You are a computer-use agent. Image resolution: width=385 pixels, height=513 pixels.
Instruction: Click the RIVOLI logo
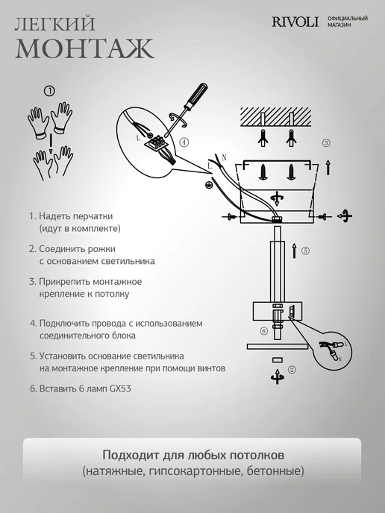pos(295,22)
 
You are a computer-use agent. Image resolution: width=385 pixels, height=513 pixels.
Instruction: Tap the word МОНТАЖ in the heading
pos(84,48)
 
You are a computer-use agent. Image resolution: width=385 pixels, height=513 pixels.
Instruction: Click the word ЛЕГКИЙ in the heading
pos(55,24)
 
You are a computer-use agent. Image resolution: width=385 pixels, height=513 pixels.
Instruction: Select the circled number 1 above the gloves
pos(49,91)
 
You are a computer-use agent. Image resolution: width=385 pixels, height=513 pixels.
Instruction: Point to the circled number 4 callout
pos(184,142)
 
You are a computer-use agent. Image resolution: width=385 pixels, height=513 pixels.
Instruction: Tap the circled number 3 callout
pos(326,142)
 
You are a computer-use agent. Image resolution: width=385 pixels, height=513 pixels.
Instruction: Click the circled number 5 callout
pos(305,251)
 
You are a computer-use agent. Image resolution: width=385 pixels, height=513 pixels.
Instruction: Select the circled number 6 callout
pos(264,331)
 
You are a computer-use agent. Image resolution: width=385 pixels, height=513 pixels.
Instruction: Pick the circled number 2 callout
pos(292,370)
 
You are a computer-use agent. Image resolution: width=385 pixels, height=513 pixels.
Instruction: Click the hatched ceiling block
pos(276,117)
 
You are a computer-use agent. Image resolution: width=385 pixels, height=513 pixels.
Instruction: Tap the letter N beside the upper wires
pos(224,158)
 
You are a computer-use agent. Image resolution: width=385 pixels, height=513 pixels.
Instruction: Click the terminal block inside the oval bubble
pos(157,142)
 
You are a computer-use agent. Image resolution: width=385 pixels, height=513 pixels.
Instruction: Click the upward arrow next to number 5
pos(294,251)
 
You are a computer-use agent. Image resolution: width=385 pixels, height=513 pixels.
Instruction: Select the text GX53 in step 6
pos(120,388)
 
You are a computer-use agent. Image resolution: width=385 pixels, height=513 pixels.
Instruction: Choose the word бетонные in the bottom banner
pos(275,471)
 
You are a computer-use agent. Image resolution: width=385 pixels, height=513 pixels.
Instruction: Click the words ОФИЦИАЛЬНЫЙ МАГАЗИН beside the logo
pos(348,22)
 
